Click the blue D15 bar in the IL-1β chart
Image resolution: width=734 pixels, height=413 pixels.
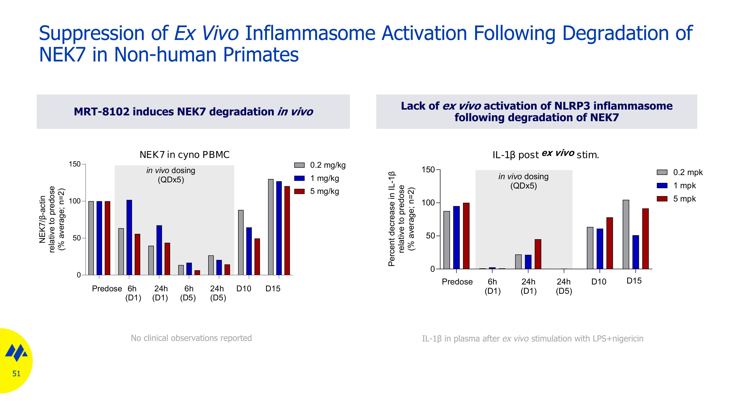pos(636,252)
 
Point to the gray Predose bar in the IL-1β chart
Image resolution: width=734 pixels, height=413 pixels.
pos(447,240)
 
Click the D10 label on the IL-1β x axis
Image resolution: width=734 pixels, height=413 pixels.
pos(599,282)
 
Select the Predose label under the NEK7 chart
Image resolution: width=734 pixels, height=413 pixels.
pos(107,289)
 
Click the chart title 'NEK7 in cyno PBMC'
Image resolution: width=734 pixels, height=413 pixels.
pos(184,155)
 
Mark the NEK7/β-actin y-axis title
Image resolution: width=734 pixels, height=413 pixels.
pos(42,219)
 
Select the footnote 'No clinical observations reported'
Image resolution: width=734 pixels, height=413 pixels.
pos(191,338)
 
